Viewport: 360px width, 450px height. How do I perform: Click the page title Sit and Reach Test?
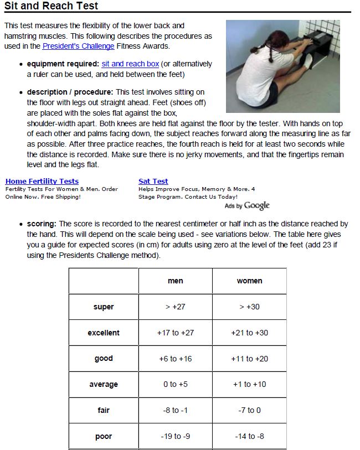[51, 6]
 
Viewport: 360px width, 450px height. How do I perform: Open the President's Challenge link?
[78, 46]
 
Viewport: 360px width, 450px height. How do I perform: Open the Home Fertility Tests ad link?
[42, 181]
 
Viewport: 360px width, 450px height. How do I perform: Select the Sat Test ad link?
[153, 181]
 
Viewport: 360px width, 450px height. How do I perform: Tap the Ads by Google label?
[247, 205]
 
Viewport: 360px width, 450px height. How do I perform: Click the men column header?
[175, 281]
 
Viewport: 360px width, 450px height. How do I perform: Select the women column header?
[249, 281]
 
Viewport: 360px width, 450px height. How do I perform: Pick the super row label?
[104, 307]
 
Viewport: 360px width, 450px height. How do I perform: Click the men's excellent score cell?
[175, 333]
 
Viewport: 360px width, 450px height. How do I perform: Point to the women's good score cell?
[249, 359]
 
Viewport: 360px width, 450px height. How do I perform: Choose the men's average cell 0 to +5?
[175, 384]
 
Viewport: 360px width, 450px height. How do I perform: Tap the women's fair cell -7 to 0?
[249, 410]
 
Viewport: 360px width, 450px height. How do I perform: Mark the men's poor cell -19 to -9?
[175, 436]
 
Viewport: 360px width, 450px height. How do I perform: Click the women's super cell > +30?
[249, 307]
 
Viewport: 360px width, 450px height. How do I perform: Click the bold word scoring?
[42, 224]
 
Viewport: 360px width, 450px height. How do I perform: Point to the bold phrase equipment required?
[63, 64]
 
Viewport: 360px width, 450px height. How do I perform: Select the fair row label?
[104, 410]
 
